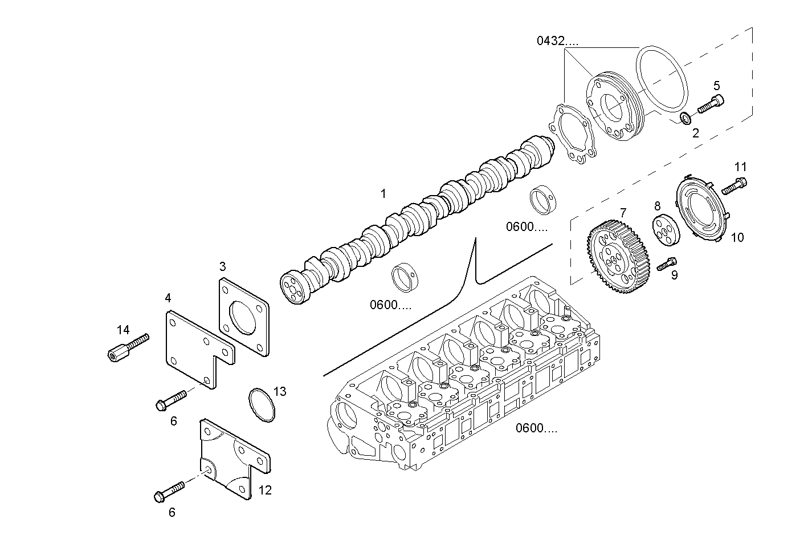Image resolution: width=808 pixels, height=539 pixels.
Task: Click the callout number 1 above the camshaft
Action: coord(383,194)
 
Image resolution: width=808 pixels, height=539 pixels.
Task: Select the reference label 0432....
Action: coord(557,41)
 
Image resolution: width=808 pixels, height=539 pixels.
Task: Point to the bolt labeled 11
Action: coord(734,186)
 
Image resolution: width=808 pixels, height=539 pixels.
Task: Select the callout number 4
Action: coord(168,298)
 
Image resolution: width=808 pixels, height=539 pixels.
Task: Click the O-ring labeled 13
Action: coord(262,405)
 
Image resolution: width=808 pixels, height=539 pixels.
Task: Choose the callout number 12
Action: coord(265,490)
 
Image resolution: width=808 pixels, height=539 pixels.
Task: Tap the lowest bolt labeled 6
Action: coord(170,491)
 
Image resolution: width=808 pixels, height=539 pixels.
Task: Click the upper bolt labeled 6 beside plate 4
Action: coord(171,399)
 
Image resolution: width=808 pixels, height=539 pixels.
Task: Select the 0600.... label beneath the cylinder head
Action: coord(537,428)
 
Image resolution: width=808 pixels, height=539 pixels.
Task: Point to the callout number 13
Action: coord(280,391)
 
